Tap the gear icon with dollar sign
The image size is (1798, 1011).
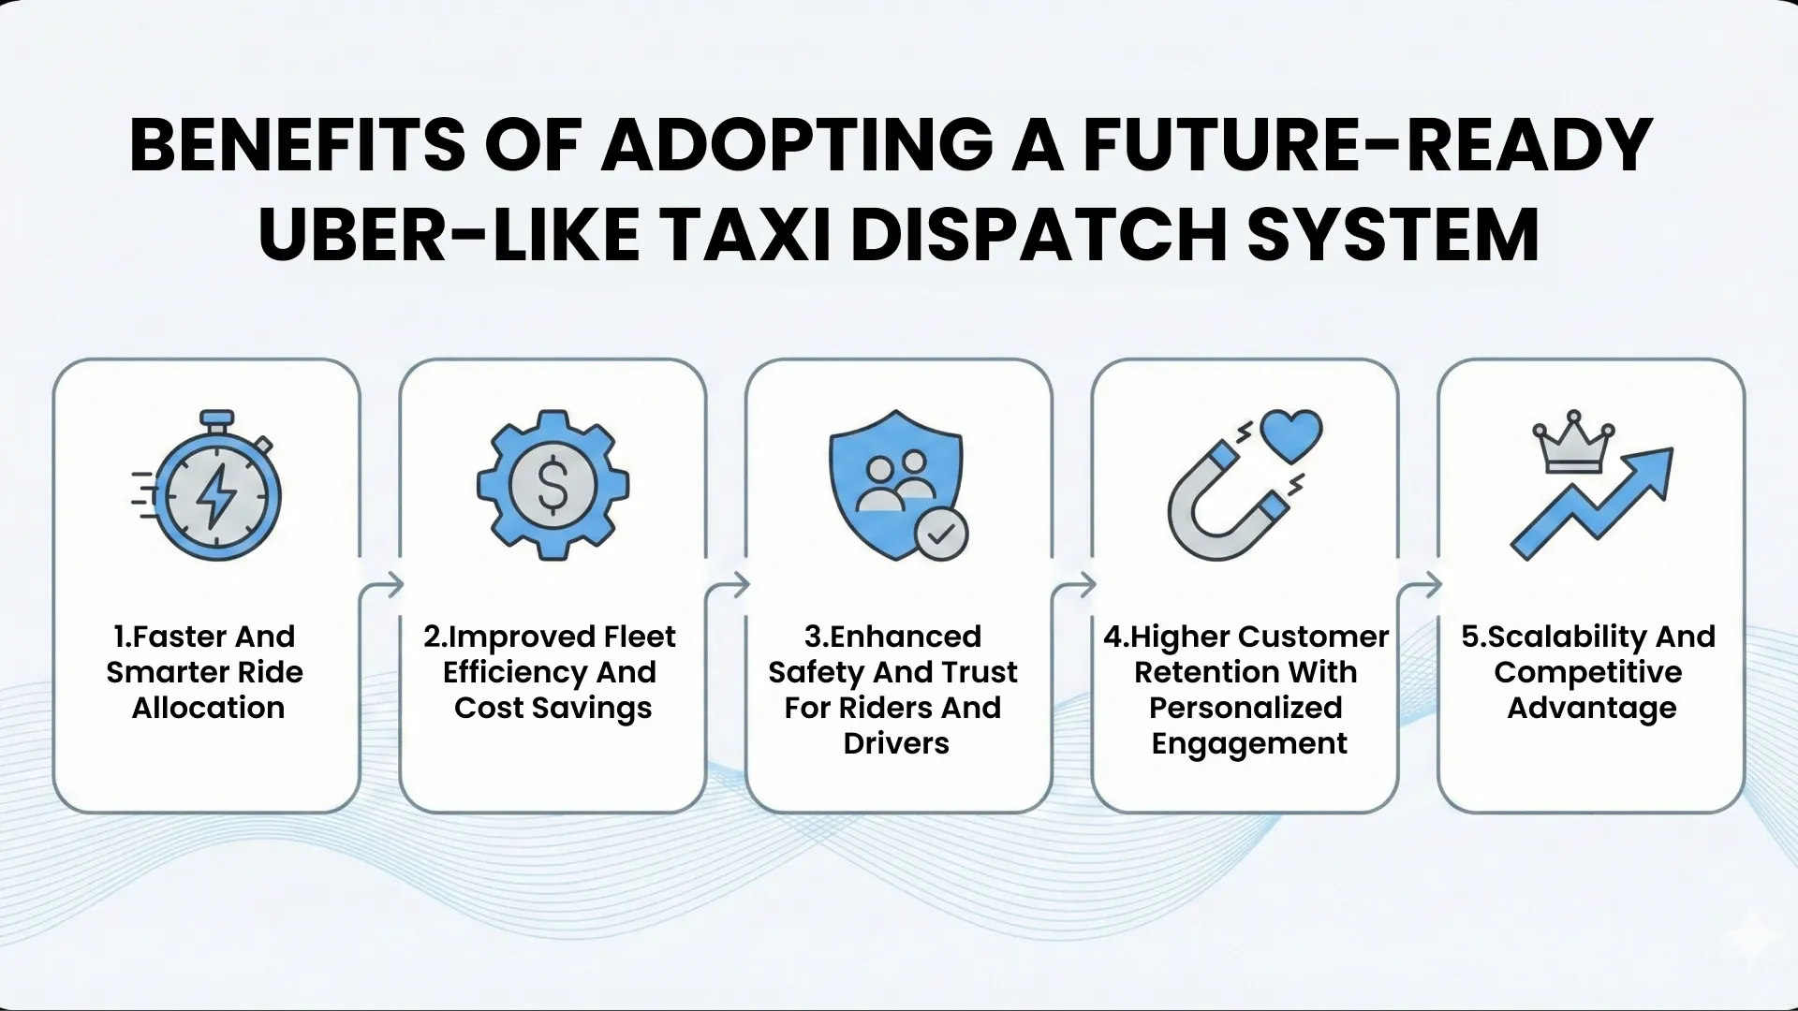(x=553, y=485)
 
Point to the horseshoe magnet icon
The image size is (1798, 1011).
(x=1222, y=505)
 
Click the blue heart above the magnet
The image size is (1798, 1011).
(x=1290, y=434)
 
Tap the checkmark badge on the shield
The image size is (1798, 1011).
(x=941, y=534)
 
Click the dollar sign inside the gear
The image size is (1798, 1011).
(x=553, y=485)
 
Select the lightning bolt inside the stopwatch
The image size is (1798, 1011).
(x=216, y=494)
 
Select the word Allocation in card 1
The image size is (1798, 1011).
(x=208, y=708)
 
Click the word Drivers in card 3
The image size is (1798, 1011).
(x=896, y=743)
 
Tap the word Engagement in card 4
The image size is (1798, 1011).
(x=1249, y=743)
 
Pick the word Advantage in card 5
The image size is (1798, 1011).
(x=1591, y=709)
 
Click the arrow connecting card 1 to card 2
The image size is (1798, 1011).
(x=381, y=586)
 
